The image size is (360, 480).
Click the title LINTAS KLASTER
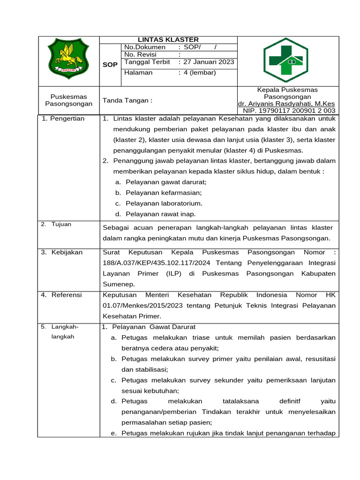(168, 40)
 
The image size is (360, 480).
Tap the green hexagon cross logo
(285, 60)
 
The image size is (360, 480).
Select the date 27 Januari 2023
(209, 62)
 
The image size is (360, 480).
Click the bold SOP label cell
(110, 65)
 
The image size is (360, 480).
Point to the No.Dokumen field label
(144, 47)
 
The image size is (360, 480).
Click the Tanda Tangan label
(127, 100)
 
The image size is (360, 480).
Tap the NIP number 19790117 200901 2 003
(289, 111)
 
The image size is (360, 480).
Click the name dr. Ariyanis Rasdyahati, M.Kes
(286, 104)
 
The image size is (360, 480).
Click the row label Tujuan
(61, 224)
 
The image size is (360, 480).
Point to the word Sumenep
(119, 284)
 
